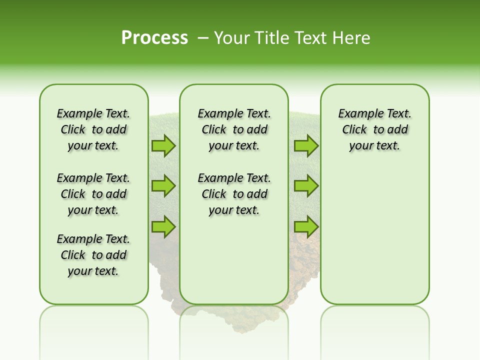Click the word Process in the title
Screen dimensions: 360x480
[x=154, y=37]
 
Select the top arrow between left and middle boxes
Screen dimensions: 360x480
[x=163, y=145]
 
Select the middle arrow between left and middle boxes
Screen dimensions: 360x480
[x=163, y=186]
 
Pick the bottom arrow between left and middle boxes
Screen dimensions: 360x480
[x=163, y=226]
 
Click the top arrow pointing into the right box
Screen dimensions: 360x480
[x=306, y=145]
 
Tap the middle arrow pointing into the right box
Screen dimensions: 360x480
[x=306, y=186]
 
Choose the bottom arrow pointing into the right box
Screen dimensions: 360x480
[x=306, y=226]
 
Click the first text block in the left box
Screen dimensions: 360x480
[x=93, y=129]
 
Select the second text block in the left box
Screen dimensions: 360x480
[x=93, y=194]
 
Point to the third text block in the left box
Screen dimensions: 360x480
[x=93, y=255]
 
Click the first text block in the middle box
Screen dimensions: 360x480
[x=234, y=129]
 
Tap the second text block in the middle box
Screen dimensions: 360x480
[x=234, y=194]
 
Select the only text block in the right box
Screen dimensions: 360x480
[x=374, y=129]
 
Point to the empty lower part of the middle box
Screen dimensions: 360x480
[x=234, y=260]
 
